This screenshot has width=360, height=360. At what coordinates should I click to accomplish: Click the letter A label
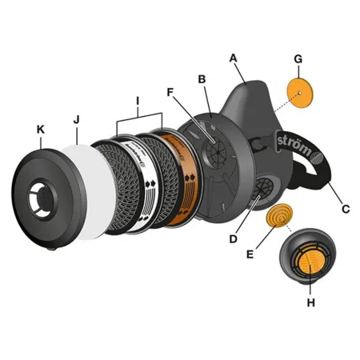(234, 58)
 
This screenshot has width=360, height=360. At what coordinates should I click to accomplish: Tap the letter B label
(202, 79)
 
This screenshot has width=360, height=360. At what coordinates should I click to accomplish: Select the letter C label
(346, 209)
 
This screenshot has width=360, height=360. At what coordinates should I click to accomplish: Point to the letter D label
(233, 239)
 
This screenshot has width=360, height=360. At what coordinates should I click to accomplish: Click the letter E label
(250, 254)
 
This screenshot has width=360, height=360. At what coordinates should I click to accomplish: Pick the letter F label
(170, 92)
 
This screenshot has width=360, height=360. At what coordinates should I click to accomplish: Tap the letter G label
(298, 59)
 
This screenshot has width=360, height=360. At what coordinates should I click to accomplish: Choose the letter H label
(311, 302)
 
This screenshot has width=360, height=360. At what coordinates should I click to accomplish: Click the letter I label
(138, 101)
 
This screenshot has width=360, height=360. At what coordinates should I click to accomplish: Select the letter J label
(77, 120)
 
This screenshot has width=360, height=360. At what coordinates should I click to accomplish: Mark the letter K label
(41, 130)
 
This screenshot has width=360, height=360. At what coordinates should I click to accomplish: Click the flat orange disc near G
(300, 93)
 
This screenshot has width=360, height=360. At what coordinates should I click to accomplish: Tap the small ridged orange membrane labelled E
(279, 215)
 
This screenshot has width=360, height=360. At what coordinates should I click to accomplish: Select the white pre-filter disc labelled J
(94, 192)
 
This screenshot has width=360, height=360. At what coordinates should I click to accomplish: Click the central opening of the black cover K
(43, 198)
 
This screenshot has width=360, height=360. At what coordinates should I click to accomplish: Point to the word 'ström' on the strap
(294, 146)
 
